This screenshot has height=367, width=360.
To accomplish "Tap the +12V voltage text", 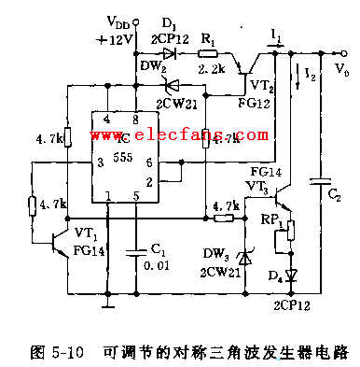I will tap(116, 38).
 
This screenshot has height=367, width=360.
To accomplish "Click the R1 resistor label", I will tap(210, 40).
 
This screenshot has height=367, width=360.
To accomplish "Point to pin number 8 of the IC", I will tap(136, 120).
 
